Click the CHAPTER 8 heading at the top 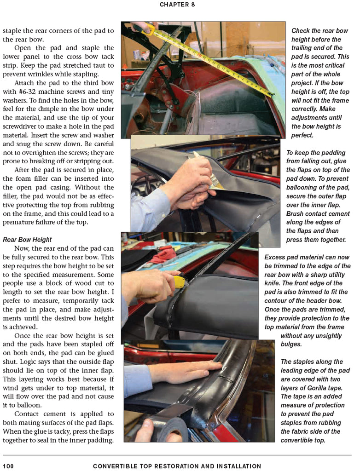(177, 5)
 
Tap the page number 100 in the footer (8, 466)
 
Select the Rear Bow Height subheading (27, 240)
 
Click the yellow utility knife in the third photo (180, 281)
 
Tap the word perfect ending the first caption (302, 135)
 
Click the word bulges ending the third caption (291, 344)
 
